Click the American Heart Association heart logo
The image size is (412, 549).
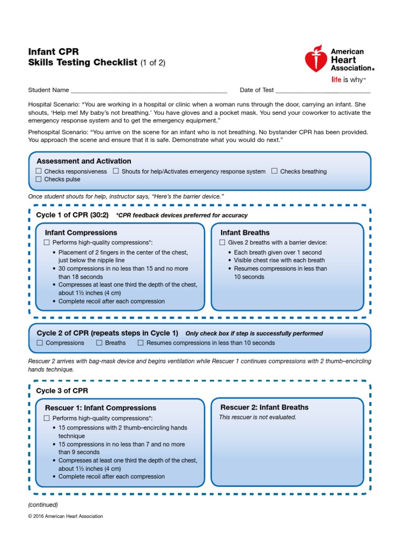316,59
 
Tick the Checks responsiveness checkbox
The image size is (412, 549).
39,171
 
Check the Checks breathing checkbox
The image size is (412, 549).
274,171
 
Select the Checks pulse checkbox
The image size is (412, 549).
39,179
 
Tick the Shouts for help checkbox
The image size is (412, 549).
116,171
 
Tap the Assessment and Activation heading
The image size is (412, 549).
84,161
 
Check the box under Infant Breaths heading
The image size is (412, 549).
222,242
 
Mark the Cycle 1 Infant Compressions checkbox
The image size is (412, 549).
47,242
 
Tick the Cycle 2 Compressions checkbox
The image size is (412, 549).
40,343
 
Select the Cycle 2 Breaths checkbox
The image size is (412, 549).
99,343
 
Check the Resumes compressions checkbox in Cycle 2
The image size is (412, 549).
141,343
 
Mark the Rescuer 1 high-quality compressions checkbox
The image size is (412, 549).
47,418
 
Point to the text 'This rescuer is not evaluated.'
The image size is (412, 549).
257,417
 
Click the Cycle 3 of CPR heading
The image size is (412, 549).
62,390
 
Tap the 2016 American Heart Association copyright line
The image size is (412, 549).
65,516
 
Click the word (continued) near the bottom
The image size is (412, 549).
43,505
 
